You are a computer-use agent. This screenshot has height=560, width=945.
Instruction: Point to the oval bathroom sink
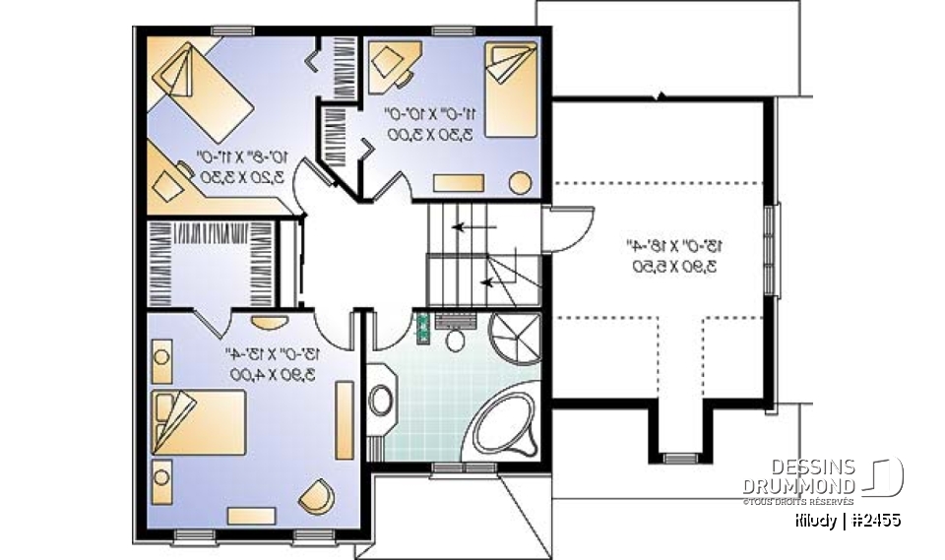tap(381, 400)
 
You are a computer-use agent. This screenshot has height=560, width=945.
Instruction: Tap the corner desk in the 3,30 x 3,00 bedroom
tap(399, 64)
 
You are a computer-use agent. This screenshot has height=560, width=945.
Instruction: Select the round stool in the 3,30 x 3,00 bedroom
tap(520, 182)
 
